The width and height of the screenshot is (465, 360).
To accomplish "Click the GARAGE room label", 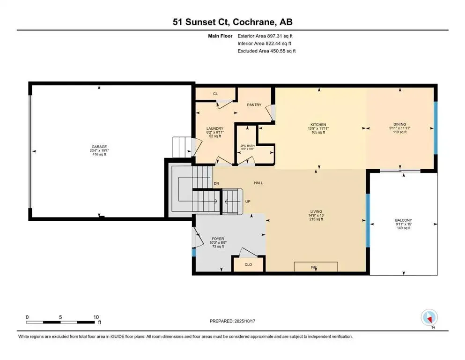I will (x=99, y=147).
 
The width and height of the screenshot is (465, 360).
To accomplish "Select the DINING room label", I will (x=399, y=124).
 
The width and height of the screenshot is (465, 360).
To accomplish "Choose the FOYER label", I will (x=218, y=239).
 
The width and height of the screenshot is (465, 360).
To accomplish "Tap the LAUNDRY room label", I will (x=215, y=128).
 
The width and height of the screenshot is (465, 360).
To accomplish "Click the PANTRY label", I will (x=254, y=105).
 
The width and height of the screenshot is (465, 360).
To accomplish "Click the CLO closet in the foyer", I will (x=248, y=264).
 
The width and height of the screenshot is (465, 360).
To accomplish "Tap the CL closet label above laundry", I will (x=215, y=94).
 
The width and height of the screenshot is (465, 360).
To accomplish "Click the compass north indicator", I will (x=429, y=318).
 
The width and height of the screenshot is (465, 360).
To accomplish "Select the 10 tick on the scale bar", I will (x=96, y=317).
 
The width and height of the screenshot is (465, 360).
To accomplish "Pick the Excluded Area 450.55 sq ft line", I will (x=266, y=51).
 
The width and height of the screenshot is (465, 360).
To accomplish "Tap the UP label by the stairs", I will (x=248, y=202).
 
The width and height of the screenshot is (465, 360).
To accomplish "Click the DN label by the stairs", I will (x=216, y=183).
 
